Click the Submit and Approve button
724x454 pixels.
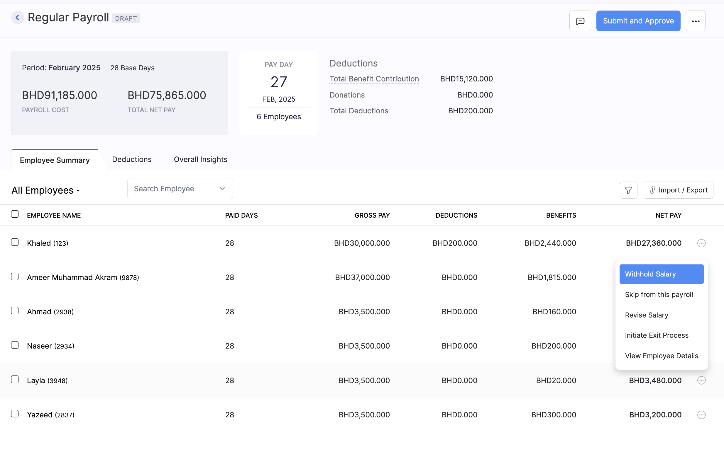[638, 21]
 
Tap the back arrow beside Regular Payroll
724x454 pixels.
[17, 18]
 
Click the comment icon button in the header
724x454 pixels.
[580, 21]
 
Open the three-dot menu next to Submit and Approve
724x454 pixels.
[695, 21]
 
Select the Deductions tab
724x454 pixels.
[132, 159]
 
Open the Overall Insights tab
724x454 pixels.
[201, 159]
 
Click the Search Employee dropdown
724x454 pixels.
[180, 189]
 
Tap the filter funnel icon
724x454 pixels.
[628, 190]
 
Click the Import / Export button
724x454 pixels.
[678, 190]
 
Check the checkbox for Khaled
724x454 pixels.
[15, 242]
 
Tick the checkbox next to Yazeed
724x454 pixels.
[15, 414]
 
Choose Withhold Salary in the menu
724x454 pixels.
[661, 274]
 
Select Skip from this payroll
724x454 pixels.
[659, 295]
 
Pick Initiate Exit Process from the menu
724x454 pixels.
[656, 335]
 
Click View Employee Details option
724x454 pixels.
[661, 356]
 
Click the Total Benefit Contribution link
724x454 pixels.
[374, 79]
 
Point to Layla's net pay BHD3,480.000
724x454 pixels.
[655, 380]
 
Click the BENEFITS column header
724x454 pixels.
[561, 215]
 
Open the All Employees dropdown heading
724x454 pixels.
[46, 190]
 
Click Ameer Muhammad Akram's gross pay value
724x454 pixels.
[362, 277]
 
